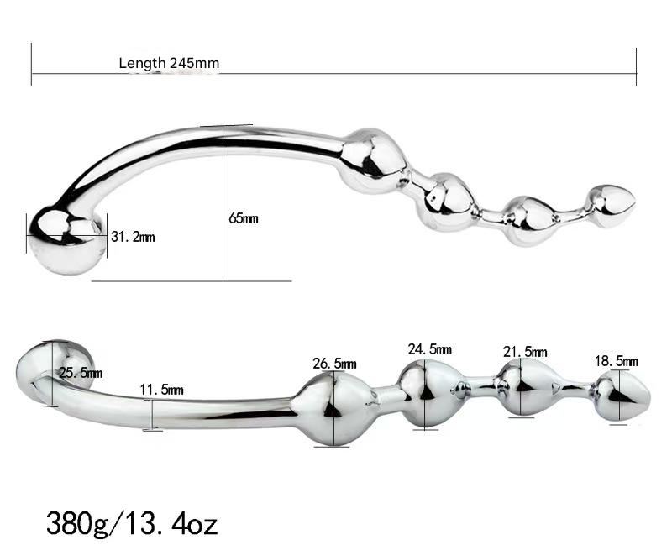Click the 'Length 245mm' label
[169, 63]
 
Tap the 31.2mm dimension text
[133, 237]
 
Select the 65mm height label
[244, 218]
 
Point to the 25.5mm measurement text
[81, 373]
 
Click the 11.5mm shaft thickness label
[161, 390]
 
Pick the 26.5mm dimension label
[334, 364]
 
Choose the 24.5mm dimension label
[429, 348]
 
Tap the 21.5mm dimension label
[524, 352]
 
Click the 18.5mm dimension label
[616, 360]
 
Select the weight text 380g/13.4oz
[132, 524]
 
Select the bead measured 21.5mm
[522, 387]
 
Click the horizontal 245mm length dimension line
[420, 74]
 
